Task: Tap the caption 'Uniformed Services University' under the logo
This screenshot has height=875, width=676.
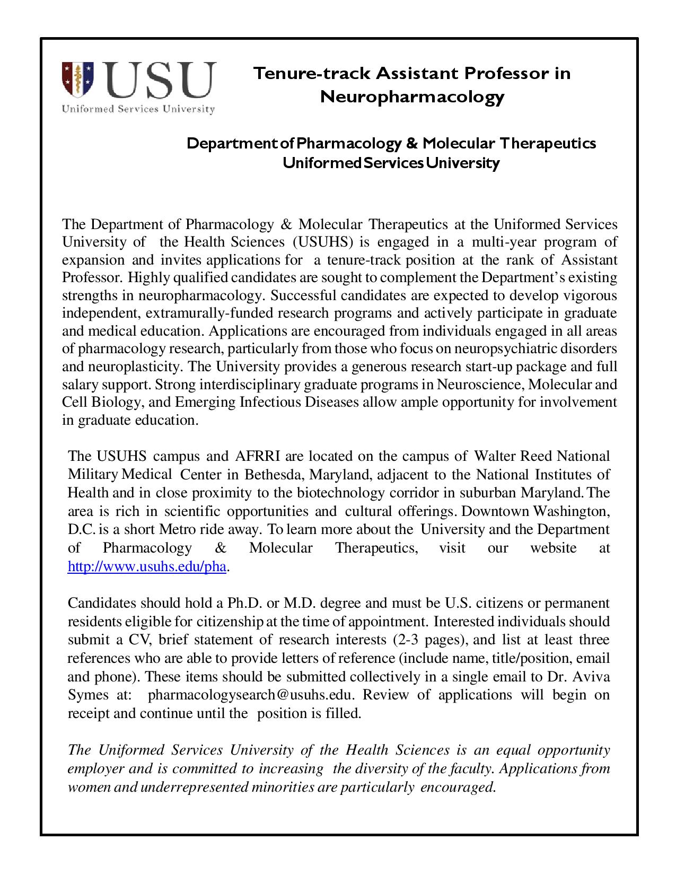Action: (138, 109)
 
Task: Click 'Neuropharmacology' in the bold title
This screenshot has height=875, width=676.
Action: (411, 97)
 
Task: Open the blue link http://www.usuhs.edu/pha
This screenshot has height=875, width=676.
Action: (147, 566)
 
